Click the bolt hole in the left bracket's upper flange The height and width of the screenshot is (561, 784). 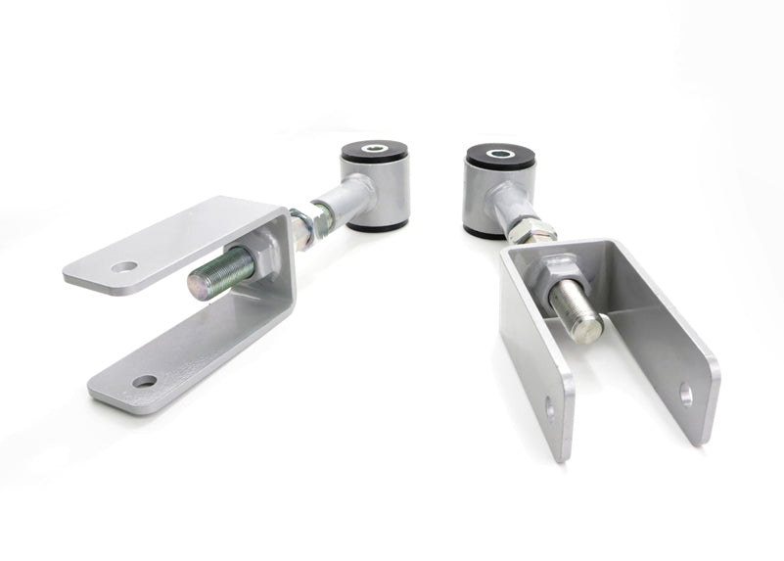click(x=123, y=266)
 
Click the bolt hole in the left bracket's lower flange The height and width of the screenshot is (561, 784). click(x=145, y=381)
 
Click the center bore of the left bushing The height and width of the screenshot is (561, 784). click(x=376, y=150)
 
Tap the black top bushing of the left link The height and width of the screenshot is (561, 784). click(x=376, y=154)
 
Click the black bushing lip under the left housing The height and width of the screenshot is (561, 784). click(x=377, y=225)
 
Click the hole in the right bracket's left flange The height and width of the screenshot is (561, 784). click(x=549, y=408)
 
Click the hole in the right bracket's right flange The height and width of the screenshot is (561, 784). click(x=685, y=396)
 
